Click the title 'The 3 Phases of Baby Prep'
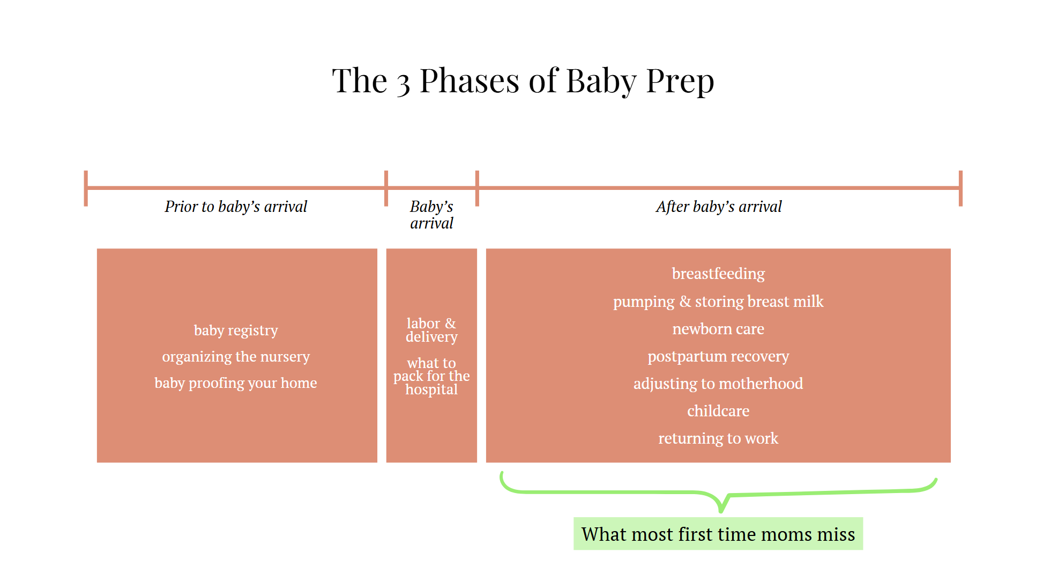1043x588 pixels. point(523,81)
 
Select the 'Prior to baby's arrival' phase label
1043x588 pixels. point(236,207)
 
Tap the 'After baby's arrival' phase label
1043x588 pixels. point(718,207)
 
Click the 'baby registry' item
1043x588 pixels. point(236,330)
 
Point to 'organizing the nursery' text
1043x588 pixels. point(236,356)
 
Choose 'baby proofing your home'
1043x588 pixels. point(236,383)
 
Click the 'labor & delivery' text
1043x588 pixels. point(431,330)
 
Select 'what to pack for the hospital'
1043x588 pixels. point(431,376)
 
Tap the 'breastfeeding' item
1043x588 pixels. point(718,274)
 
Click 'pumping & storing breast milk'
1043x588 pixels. point(718,302)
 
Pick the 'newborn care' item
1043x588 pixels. point(718,329)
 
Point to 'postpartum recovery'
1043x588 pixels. point(718,356)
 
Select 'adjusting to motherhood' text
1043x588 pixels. point(718,384)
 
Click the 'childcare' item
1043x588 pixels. point(718,411)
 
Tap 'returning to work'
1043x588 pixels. point(718,438)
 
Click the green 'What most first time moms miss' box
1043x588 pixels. point(718,534)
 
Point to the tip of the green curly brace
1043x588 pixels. point(721,510)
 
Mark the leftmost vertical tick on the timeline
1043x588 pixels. point(86,188)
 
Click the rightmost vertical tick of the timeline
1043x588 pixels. point(960,188)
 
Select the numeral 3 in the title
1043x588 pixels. point(403,84)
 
